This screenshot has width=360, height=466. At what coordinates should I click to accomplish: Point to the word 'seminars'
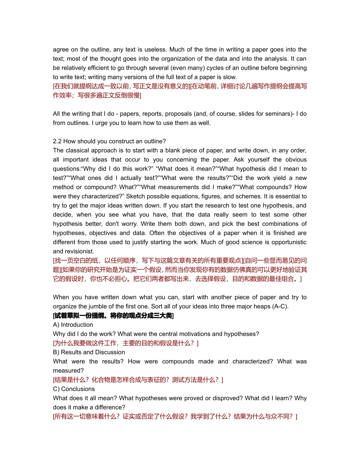coord(279,114)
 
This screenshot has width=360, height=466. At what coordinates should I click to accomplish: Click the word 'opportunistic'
coord(288,242)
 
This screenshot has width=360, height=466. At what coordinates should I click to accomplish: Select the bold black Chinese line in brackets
coord(113,316)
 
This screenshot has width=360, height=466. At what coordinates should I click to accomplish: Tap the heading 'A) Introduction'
coord(73,325)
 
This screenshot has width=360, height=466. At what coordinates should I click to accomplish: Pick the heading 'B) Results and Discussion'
coord(89,352)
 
